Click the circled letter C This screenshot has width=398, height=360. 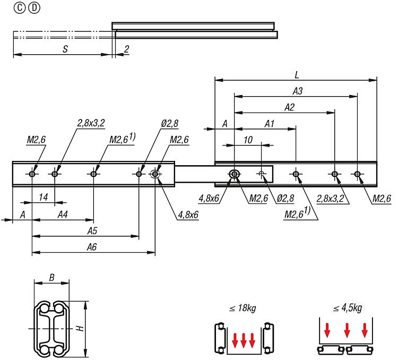(19, 8)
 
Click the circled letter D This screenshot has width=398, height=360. (34, 8)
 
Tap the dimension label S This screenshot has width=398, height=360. (65, 49)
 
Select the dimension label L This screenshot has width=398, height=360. (297, 75)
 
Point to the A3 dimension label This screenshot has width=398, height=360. (298, 91)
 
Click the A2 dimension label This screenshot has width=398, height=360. (289, 107)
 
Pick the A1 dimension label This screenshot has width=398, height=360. (269, 124)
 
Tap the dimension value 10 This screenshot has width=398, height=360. (248, 140)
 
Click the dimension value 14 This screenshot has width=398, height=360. (43, 197)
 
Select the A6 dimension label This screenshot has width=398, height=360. (92, 247)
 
